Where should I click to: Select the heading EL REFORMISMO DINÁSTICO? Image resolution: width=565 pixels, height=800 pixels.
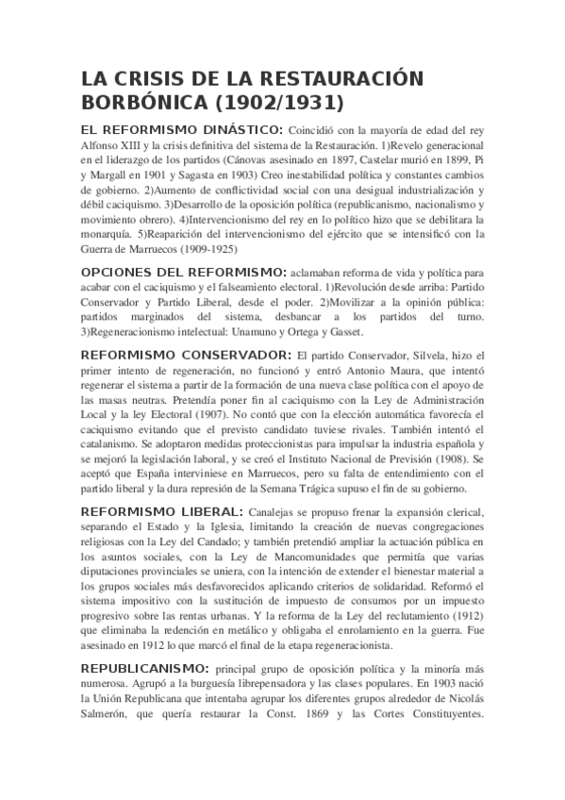click(181, 129)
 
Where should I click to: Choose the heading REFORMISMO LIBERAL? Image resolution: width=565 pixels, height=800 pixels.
click(162, 511)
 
